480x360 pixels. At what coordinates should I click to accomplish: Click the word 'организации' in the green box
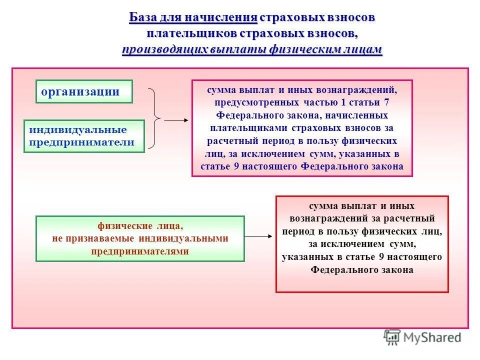click(x=80, y=91)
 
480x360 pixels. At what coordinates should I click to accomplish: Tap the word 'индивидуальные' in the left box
click(x=77, y=130)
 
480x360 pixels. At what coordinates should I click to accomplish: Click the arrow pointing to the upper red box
click(x=176, y=120)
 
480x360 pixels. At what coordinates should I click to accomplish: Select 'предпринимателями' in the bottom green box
click(x=140, y=251)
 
